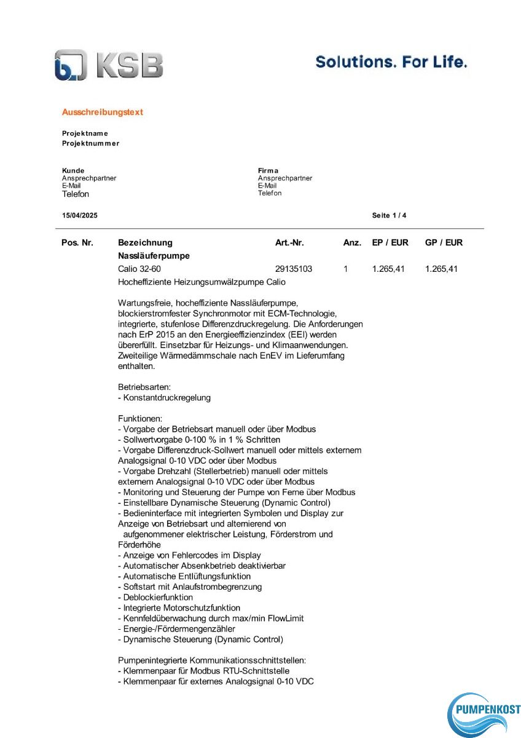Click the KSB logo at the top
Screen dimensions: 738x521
(x=109, y=65)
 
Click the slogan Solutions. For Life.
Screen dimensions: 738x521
(x=391, y=61)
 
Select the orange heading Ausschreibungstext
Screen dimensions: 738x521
(x=102, y=113)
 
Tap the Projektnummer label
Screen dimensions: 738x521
(x=90, y=143)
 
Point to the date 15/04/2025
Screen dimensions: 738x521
(x=79, y=216)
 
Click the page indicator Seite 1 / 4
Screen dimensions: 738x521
(x=389, y=216)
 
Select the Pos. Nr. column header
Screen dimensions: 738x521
(x=77, y=243)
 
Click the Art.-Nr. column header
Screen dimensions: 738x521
(x=289, y=243)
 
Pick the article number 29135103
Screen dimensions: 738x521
(x=294, y=269)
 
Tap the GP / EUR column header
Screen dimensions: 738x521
(x=444, y=243)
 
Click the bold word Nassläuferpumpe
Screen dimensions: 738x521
(x=154, y=256)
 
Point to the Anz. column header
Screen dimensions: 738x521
(x=352, y=243)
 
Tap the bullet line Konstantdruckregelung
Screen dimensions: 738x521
(x=164, y=398)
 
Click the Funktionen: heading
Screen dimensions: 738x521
(x=139, y=418)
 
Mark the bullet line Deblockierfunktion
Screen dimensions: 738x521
(x=155, y=597)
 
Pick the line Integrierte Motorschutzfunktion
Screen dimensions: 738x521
(x=179, y=608)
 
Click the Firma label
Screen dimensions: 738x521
(x=268, y=170)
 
